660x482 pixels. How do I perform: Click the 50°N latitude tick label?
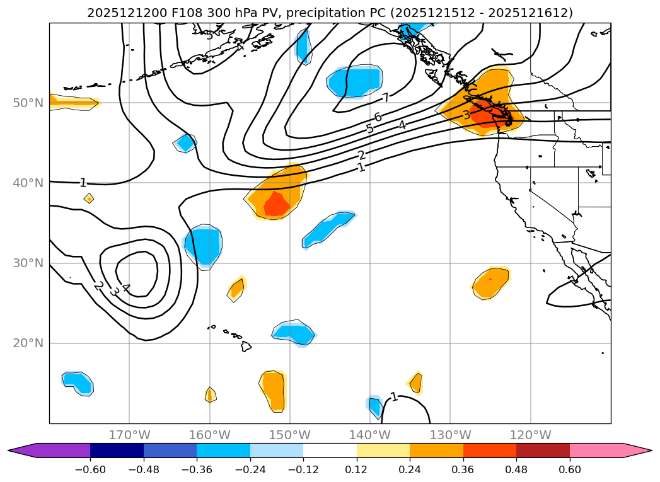pyautogui.click(x=28, y=103)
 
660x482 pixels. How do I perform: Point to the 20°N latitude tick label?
pyautogui.click(x=28, y=343)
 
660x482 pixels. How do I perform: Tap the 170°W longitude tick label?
pyautogui.click(x=129, y=435)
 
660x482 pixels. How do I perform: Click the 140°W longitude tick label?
pyautogui.click(x=369, y=435)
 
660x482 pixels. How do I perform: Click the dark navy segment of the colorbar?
pyautogui.click(x=117, y=450)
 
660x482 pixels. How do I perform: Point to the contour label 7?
pyautogui.click(x=385, y=98)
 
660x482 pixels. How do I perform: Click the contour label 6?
pyautogui.click(x=378, y=117)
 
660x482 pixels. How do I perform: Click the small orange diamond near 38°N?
pyautogui.click(x=89, y=198)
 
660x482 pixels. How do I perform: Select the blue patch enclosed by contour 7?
pyautogui.click(x=354, y=82)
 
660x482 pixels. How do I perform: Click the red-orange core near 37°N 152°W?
pyautogui.click(x=276, y=204)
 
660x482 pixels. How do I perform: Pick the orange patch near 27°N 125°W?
pyautogui.click(x=491, y=283)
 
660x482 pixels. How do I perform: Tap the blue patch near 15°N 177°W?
pyautogui.click(x=78, y=382)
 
